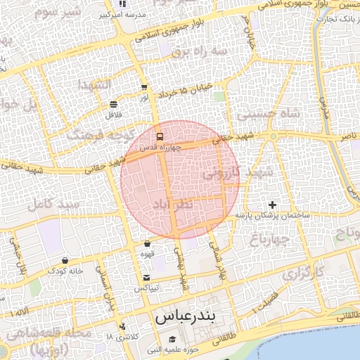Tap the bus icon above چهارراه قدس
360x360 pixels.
[x=160, y=136]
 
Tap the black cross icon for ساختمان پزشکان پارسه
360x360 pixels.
[x=273, y=204]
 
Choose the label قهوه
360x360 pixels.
[x=147, y=255]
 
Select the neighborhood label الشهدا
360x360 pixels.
[x=92, y=85]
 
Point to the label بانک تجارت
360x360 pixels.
[x=343, y=19]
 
